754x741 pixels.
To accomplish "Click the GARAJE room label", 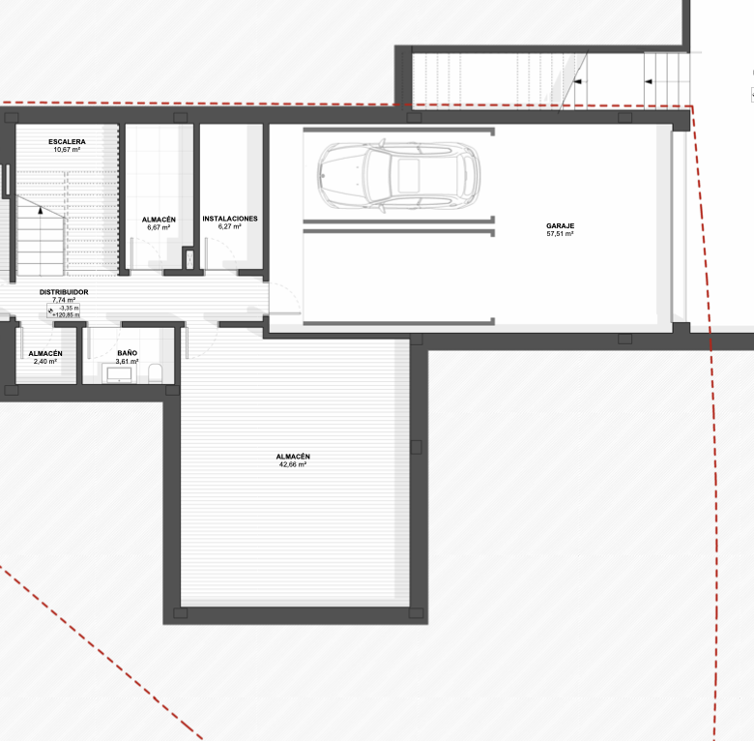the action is point(561,225).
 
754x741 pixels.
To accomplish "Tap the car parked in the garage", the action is point(398,175).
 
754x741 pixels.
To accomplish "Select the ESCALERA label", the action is point(67,142).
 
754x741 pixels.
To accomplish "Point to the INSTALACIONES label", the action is point(230,219).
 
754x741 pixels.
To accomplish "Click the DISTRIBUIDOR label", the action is point(64,292).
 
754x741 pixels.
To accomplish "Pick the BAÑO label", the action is point(128,353).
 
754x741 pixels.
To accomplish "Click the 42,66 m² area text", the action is point(293,464).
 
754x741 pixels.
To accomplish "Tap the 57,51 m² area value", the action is point(561,234).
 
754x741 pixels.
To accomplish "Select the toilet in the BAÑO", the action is point(155,373).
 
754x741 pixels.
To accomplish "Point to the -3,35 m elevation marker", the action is point(70,308).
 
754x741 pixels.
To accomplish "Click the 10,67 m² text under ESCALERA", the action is point(67,150).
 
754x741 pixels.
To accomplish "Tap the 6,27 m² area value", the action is point(230,226).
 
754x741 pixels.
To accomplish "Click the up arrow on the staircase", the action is point(41,210).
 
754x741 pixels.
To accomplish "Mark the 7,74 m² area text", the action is point(64,300).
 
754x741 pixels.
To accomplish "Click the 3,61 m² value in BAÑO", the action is point(128,362).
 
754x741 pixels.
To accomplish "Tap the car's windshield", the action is point(377,176).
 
